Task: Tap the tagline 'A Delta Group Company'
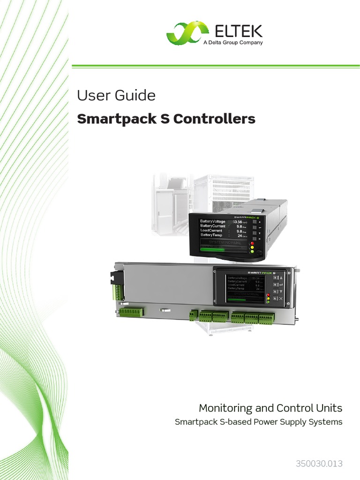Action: pos(232,43)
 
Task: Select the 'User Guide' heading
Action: pos(116,95)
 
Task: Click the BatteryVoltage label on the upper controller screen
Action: pos(213,221)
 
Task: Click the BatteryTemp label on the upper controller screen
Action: pos(212,235)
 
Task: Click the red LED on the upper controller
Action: pos(252,243)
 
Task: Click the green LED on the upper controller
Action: pos(252,252)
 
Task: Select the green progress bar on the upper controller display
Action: pos(212,250)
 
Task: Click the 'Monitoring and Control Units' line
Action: pos(270,408)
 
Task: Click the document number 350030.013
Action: pos(319,464)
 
